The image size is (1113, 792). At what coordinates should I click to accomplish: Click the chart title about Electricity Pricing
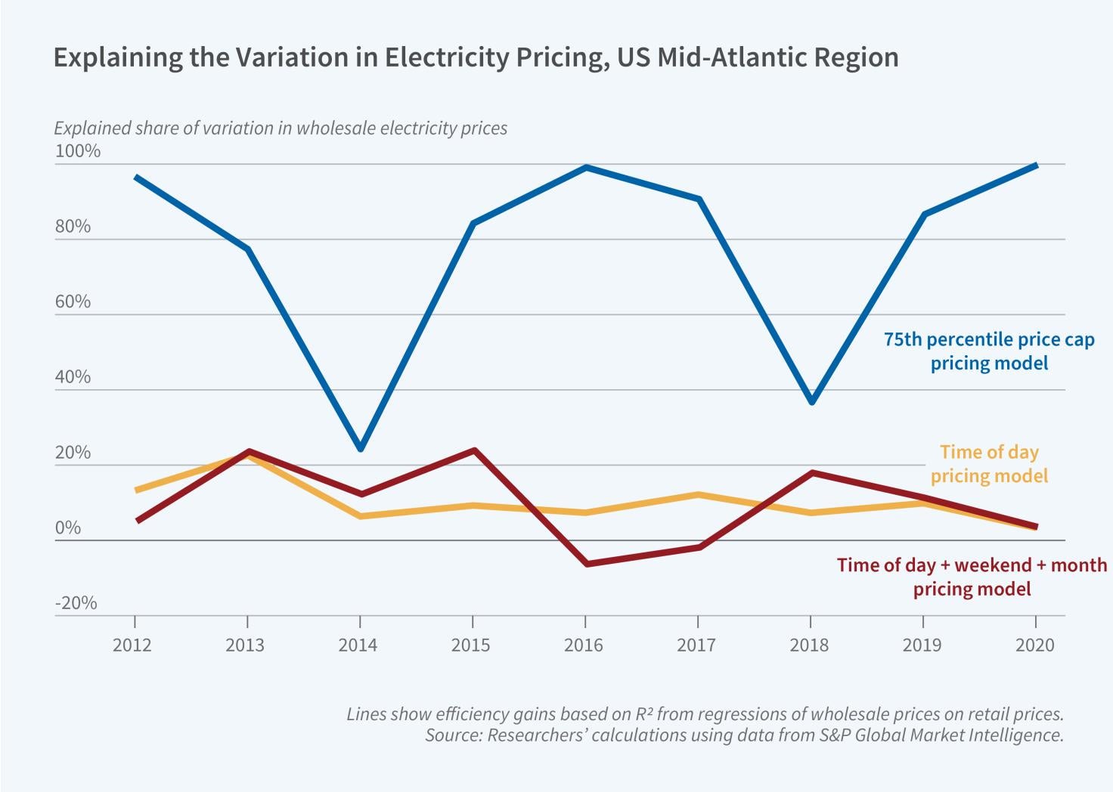pos(476,58)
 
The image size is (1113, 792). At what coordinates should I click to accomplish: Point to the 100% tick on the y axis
pos(78,151)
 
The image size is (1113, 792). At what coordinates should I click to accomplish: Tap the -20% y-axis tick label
pos(76,603)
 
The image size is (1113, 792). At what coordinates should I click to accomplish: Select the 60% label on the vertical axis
pos(73,302)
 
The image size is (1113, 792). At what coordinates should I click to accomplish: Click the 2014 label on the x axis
pos(358,645)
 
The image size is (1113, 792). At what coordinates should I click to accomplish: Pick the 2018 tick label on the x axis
pos(809,645)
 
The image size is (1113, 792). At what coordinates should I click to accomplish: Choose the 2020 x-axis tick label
pos(1034,645)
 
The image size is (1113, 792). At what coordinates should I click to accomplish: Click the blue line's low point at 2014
pos(361,448)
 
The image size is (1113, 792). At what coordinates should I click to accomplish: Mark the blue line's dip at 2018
pos(811,401)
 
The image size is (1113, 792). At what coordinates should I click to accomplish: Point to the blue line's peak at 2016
pos(586,168)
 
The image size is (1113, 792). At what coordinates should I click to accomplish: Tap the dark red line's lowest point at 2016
pos(586,564)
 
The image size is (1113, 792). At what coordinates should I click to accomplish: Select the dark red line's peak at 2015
pos(473,451)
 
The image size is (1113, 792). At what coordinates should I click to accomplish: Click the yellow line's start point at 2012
pos(136,491)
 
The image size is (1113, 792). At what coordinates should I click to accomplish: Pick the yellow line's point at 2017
pos(699,495)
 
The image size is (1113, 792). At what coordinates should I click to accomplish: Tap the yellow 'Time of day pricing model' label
pos(989,464)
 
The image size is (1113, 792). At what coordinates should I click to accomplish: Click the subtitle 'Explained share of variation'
pos(281,128)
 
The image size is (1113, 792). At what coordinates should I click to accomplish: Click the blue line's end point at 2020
pos(1035,165)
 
